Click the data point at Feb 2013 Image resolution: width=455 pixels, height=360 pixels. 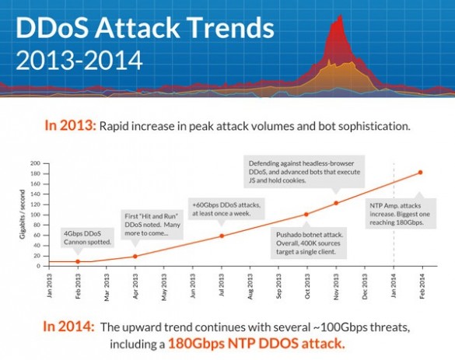(x=78, y=261)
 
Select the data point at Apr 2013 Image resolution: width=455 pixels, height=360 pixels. (x=135, y=256)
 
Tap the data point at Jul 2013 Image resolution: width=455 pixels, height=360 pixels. (x=222, y=236)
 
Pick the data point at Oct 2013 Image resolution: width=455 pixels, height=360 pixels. (x=306, y=215)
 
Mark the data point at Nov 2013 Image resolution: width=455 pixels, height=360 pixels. (x=336, y=203)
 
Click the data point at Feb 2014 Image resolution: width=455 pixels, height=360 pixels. (x=420, y=173)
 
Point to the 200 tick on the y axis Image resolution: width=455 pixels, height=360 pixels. (x=35, y=163)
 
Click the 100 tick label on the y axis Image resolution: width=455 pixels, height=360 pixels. (x=35, y=215)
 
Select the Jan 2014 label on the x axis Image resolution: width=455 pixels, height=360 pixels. (x=394, y=285)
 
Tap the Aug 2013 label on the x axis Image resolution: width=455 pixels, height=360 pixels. (x=250, y=286)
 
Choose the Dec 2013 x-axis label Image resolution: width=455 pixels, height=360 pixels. (x=365, y=286)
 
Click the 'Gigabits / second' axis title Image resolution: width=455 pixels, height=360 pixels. (x=23, y=215)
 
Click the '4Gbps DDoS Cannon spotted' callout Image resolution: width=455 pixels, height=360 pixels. (x=87, y=238)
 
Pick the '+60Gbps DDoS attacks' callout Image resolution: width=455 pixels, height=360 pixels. (x=226, y=209)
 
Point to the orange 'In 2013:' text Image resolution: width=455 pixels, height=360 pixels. (x=70, y=126)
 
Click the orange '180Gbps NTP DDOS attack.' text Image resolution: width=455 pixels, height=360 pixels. (x=257, y=344)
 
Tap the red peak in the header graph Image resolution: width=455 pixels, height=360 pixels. (x=340, y=17)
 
